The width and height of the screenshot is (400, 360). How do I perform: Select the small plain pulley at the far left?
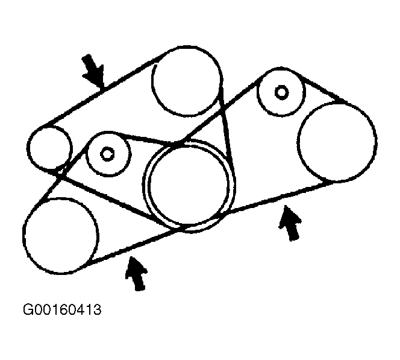click(50, 147)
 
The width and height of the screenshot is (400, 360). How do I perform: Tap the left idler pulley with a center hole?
click(109, 155)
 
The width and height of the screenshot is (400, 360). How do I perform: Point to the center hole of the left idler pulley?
click(107, 154)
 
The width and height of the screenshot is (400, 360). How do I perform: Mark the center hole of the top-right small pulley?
click(281, 92)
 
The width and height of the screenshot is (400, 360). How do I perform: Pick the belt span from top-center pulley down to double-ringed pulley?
click(227, 127)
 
